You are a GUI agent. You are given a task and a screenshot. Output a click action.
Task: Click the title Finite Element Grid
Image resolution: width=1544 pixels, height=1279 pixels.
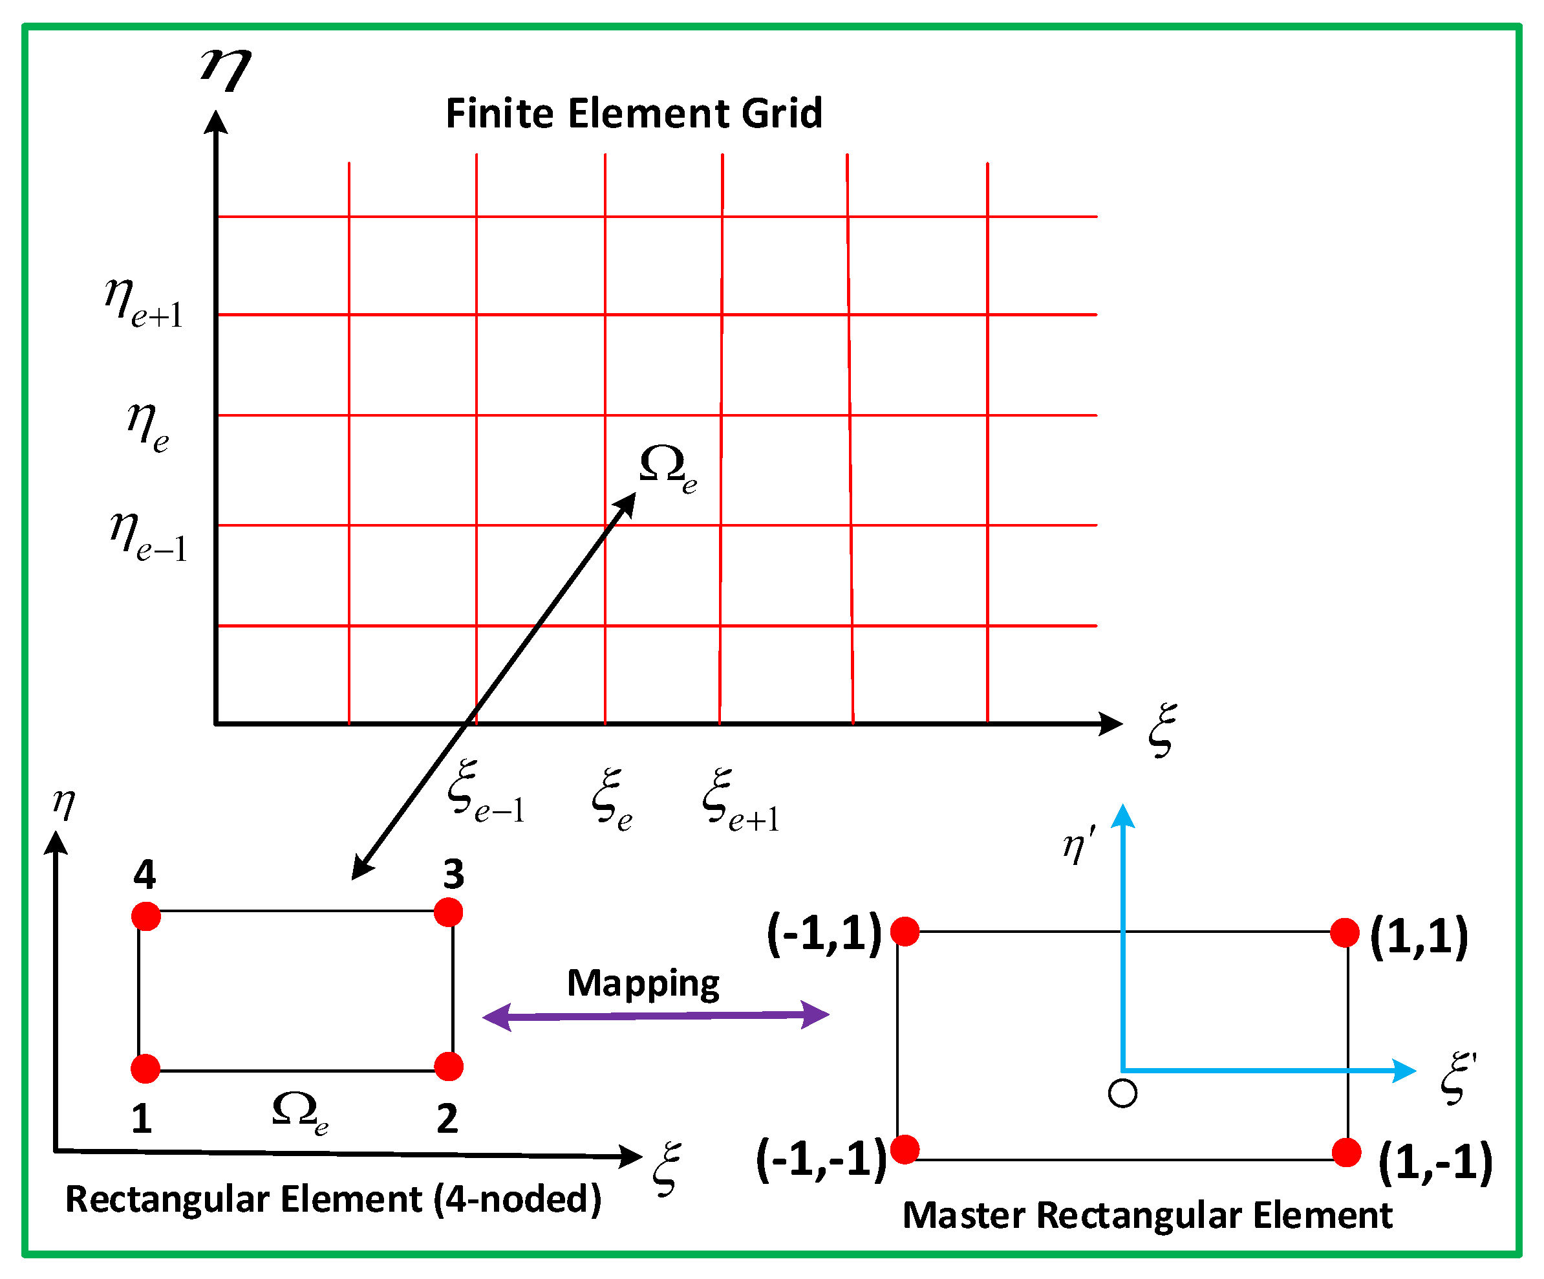pyautogui.click(x=634, y=114)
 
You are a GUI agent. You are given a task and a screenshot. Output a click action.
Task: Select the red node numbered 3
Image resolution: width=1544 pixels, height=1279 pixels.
pyautogui.click(x=449, y=912)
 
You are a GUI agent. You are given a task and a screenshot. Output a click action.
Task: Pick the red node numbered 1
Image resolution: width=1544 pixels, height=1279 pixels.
pyautogui.click(x=145, y=1069)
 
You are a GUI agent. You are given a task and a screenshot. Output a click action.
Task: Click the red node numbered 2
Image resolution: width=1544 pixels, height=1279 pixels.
pyautogui.click(x=449, y=1066)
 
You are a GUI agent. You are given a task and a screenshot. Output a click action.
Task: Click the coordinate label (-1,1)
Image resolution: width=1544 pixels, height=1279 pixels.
pyautogui.click(x=824, y=934)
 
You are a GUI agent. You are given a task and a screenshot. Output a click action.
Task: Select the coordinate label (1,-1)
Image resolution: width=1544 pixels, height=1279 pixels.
pyautogui.click(x=1435, y=1162)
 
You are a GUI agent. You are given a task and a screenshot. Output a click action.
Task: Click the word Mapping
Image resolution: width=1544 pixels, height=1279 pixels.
pyautogui.click(x=643, y=983)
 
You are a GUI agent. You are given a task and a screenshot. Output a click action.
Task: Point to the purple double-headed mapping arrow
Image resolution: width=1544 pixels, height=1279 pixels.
pyautogui.click(x=655, y=1016)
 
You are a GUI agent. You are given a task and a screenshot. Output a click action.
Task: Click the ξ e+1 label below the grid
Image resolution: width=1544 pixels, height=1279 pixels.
pyautogui.click(x=740, y=800)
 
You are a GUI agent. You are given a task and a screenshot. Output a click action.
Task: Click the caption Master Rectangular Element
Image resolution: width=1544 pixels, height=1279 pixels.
pyautogui.click(x=1147, y=1215)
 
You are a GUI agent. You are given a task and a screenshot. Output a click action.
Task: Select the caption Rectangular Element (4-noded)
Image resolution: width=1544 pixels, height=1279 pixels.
pyautogui.click(x=333, y=1199)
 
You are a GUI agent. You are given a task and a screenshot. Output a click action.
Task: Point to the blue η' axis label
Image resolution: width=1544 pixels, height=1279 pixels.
pyautogui.click(x=1078, y=844)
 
